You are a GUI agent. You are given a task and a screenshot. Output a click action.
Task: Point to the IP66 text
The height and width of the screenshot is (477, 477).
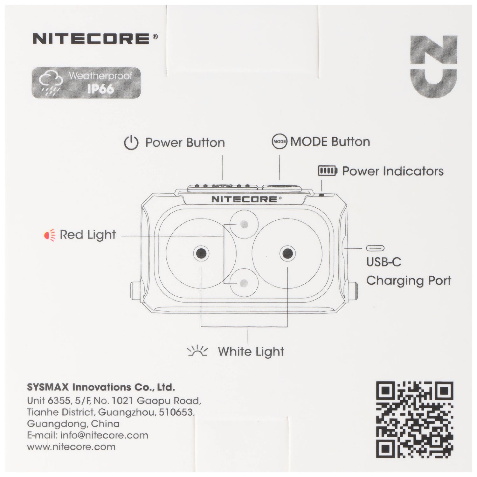point(100,89)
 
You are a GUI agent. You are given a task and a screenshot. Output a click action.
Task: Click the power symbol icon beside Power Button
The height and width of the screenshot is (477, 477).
point(131,143)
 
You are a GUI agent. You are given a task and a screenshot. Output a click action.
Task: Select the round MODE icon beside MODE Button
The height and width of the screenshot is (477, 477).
point(280,142)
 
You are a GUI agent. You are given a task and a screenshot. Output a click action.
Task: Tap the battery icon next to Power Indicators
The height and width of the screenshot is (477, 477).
point(327,171)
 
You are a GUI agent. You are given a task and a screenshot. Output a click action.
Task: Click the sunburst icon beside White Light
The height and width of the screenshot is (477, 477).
point(197,351)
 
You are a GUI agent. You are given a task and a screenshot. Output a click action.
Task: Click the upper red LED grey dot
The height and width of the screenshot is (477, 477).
point(244,224)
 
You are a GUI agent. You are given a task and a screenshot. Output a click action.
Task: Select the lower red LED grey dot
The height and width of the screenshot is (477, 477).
point(244,282)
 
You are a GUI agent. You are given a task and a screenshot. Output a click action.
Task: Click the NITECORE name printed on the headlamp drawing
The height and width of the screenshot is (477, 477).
point(244,199)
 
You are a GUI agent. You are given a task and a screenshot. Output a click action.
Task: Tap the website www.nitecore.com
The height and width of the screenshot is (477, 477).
point(71,446)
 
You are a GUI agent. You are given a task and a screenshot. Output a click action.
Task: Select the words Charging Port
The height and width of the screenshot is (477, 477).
point(408,280)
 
